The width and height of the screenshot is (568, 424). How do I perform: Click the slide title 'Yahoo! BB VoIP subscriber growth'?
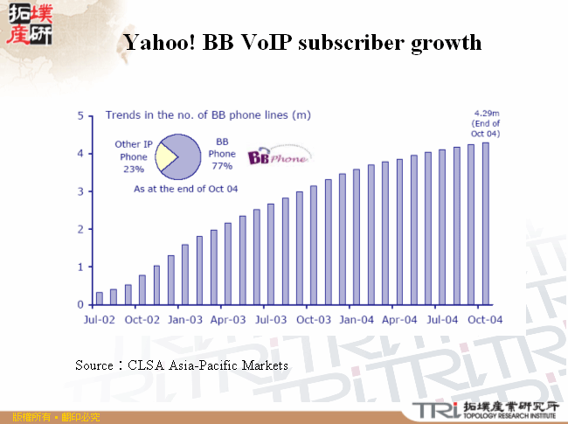click(x=301, y=42)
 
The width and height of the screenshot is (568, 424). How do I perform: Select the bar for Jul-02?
click(x=100, y=298)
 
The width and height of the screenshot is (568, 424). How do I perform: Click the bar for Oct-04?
click(x=486, y=224)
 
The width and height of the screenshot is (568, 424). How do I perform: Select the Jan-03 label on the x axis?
click(x=186, y=320)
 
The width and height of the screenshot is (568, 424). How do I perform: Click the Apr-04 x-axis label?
click(x=400, y=320)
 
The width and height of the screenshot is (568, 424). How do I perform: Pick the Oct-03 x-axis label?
click(x=314, y=320)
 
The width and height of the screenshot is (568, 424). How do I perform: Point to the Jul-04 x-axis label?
click(x=443, y=320)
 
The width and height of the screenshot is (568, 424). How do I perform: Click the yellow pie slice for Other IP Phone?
click(x=164, y=157)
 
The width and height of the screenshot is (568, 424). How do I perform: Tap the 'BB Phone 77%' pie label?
click(x=223, y=153)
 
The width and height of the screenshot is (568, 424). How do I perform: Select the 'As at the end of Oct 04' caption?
click(x=185, y=188)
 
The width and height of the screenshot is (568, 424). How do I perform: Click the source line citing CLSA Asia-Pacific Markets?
click(x=182, y=364)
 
